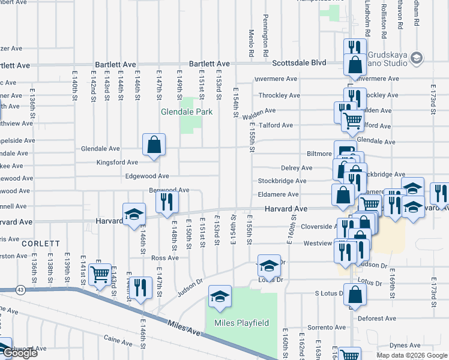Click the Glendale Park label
click(x=187, y=112)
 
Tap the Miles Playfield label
click(x=242, y=323)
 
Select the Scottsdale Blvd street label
click(x=299, y=62)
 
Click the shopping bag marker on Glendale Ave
click(x=154, y=144)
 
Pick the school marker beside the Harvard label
click(x=134, y=214)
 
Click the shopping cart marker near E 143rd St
click(x=99, y=275)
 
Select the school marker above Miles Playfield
click(x=219, y=296)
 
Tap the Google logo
click(x=19, y=353)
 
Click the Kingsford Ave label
click(x=118, y=162)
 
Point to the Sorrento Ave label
click(x=327, y=328)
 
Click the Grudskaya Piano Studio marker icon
click(x=418, y=58)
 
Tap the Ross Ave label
click(x=165, y=258)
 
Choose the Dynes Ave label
click(x=405, y=345)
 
